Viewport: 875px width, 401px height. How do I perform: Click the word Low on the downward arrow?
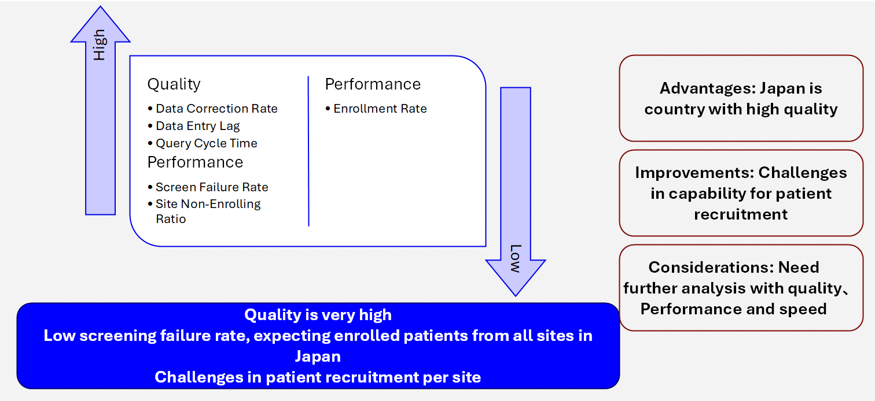click(x=515, y=259)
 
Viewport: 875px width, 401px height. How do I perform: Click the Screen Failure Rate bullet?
click(x=212, y=187)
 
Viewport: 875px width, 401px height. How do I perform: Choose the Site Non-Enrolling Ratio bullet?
click(x=208, y=211)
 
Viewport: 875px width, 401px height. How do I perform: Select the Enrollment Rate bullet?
click(x=380, y=109)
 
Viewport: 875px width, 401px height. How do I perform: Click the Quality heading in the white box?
click(x=174, y=84)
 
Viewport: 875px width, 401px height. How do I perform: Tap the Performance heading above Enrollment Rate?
click(x=373, y=84)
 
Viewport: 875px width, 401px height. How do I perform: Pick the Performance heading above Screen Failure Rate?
click(x=195, y=162)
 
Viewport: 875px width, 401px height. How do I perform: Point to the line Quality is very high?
click(x=318, y=315)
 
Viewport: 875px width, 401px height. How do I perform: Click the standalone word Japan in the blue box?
click(x=318, y=356)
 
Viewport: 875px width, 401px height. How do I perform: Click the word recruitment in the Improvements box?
click(x=741, y=214)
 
